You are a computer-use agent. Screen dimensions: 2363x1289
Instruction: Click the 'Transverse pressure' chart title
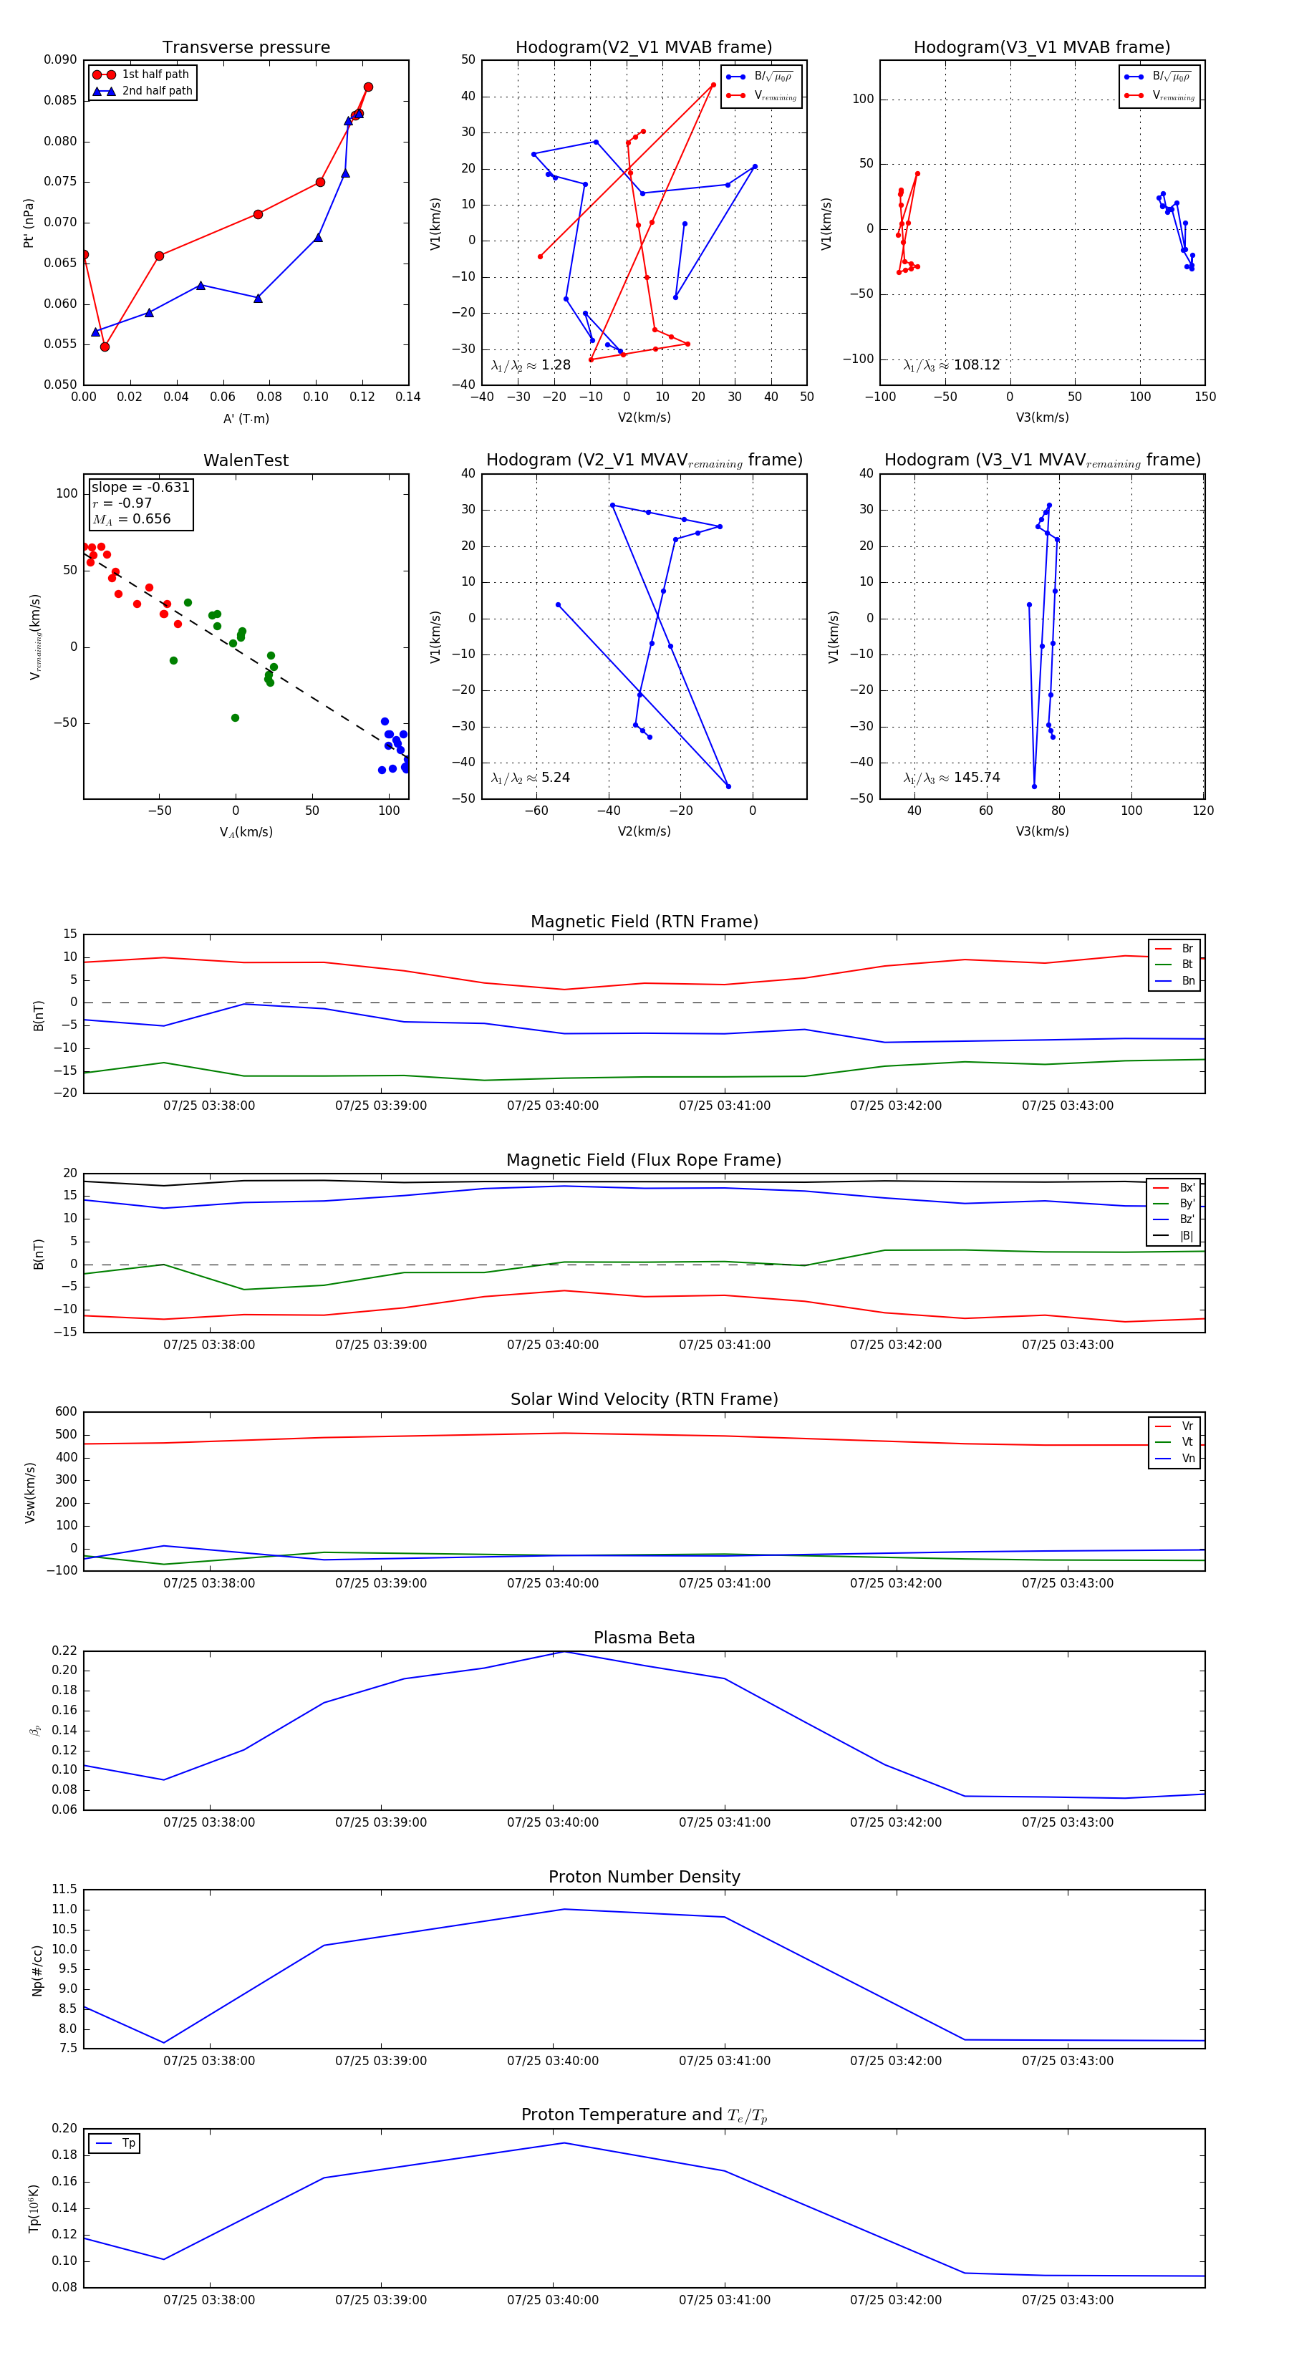point(246,48)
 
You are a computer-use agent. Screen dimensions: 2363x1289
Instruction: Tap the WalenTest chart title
point(246,460)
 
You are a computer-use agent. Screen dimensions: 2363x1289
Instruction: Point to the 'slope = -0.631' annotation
point(140,487)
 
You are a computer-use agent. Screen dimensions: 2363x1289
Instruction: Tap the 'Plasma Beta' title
point(644,1638)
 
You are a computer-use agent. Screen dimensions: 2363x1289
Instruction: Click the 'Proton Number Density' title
point(644,1877)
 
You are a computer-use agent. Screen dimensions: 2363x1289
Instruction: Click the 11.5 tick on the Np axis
point(64,1890)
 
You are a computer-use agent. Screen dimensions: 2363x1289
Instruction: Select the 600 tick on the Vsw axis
point(66,1412)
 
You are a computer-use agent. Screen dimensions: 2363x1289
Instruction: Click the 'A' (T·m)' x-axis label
point(246,418)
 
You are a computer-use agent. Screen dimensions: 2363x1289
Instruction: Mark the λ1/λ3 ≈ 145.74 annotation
point(952,778)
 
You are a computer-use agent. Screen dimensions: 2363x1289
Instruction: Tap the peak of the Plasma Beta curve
point(564,1651)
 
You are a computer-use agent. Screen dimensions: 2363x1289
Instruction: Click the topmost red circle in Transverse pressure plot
point(368,87)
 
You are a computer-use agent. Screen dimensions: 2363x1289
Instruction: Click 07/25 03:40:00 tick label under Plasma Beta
point(552,1822)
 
